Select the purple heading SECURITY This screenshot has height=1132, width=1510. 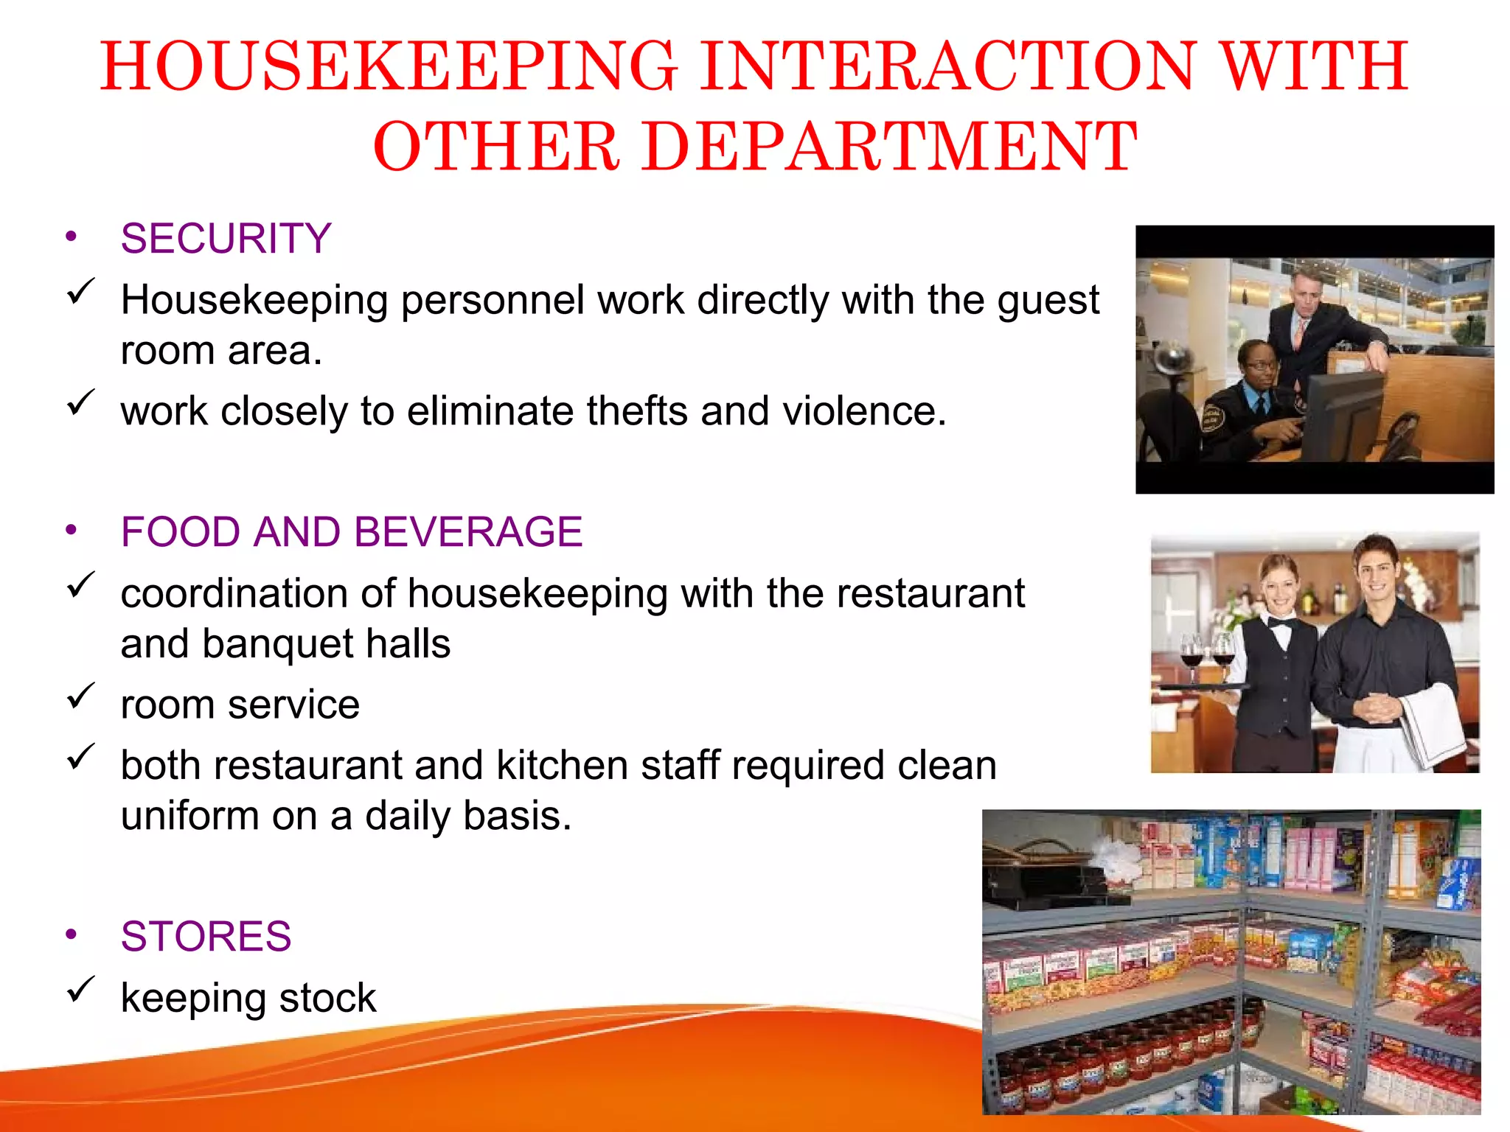point(226,238)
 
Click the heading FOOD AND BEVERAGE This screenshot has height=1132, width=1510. point(352,531)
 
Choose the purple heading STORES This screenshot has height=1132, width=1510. point(206,936)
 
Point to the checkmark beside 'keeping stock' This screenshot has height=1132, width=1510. point(80,990)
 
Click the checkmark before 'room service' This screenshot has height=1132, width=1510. point(80,696)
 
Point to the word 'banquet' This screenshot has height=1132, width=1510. point(277,643)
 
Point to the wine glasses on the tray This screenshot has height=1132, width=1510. point(1207,652)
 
